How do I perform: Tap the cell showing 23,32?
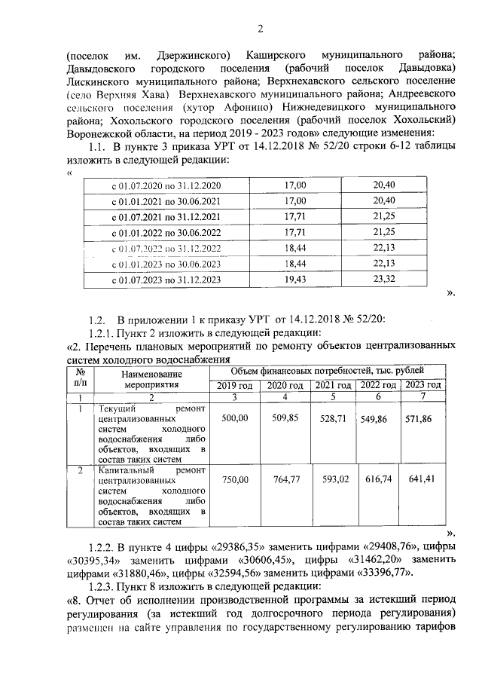[383, 279]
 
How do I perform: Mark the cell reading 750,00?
[235, 478]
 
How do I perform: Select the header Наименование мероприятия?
[151, 378]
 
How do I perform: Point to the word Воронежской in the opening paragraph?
[99, 132]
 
